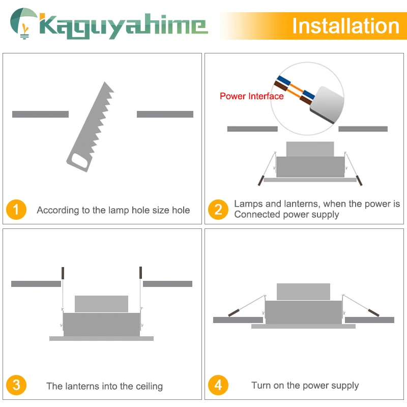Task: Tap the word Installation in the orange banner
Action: [x=346, y=26]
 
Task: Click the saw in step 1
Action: [x=91, y=127]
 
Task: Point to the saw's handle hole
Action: [x=79, y=161]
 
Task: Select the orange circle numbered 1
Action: [x=16, y=210]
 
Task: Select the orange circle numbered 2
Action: [x=218, y=210]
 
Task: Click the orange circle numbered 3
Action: [x=16, y=385]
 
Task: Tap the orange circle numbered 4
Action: [x=218, y=385]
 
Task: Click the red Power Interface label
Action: [x=251, y=96]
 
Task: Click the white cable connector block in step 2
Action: [x=327, y=104]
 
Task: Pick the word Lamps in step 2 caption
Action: [x=248, y=204]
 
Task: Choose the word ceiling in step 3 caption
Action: [x=149, y=386]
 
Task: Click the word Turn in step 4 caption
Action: [x=261, y=385]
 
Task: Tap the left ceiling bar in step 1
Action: [x=41, y=114]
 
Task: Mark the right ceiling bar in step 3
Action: [x=168, y=284]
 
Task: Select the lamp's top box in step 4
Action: [x=303, y=292]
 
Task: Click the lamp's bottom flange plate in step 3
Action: [x=101, y=338]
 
